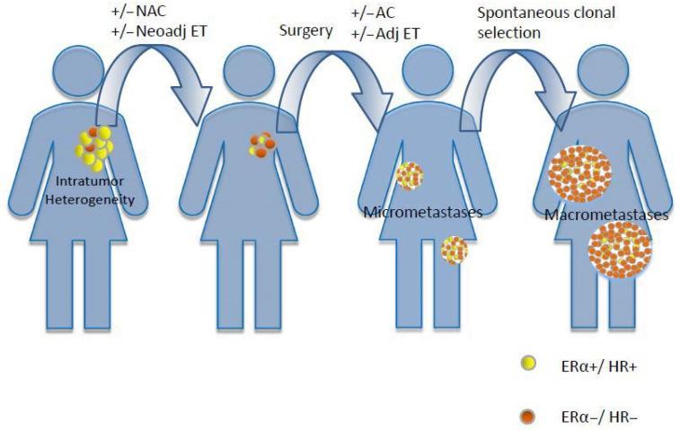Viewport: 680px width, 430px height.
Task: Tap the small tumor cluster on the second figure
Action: point(260,146)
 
